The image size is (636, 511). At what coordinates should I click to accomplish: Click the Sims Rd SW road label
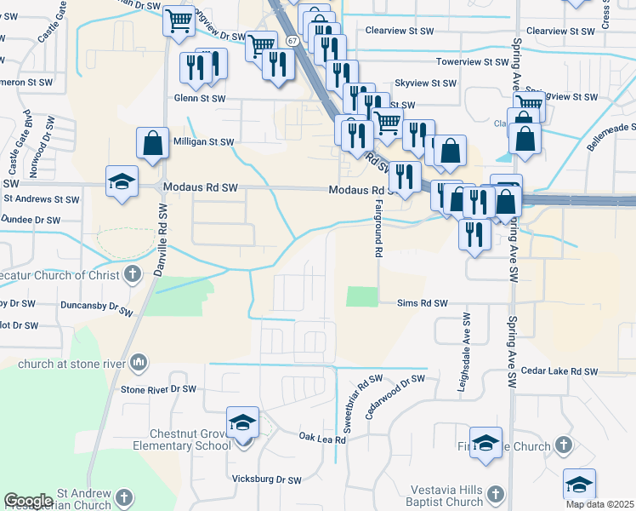pos(422,303)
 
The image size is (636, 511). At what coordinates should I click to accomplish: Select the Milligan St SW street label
pos(203,143)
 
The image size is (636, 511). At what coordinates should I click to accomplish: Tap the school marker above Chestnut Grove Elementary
pos(242,422)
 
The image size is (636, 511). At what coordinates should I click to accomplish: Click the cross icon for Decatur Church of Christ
pos(132,274)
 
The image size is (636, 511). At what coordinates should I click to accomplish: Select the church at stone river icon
pos(138,364)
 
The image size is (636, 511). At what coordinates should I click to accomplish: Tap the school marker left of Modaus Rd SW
pos(122,181)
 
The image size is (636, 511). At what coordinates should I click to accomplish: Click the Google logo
pos(28,501)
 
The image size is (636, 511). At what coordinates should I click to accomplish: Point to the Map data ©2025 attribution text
pos(599,504)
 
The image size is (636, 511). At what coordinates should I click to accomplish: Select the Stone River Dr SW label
pos(158,389)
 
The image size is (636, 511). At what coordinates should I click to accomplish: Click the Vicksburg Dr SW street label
pos(268,480)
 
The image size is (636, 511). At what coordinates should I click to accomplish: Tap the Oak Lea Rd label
pos(322,438)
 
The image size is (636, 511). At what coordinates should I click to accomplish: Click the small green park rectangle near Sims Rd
pos(361,296)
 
